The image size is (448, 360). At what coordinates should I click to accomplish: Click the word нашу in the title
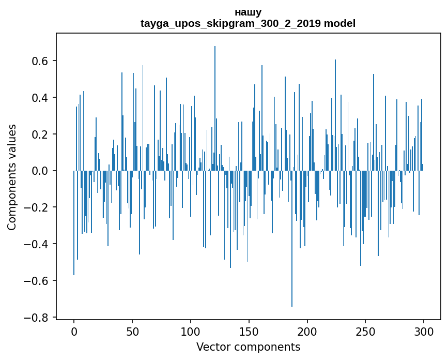[x=248, y=12]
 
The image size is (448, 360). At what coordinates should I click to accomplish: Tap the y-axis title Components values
[x=12, y=177]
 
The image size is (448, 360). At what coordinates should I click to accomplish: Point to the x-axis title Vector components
[x=248, y=347]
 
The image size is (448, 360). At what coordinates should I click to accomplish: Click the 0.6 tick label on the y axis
[x=40, y=61]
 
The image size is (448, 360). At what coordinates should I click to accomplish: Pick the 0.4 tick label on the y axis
[x=40, y=98]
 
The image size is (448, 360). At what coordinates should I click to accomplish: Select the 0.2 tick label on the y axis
[x=40, y=134]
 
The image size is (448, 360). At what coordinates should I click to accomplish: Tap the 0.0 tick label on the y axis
[x=40, y=171]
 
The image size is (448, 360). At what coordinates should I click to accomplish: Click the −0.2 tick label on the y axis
[x=37, y=207]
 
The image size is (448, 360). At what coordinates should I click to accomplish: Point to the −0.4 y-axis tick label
[x=37, y=244]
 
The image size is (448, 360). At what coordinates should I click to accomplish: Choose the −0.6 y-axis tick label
[x=37, y=281]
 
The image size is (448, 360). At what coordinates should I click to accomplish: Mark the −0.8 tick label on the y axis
[x=37, y=318]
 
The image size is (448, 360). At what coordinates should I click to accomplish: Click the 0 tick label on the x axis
[x=74, y=331]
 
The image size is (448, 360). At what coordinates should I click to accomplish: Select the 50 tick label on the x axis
[x=132, y=331]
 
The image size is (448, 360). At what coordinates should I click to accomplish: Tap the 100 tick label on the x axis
[x=191, y=331]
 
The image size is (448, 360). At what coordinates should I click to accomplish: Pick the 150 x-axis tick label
[x=249, y=331]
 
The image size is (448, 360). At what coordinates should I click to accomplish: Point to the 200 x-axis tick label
[x=307, y=331]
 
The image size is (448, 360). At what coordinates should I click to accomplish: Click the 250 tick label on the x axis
[x=366, y=331]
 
